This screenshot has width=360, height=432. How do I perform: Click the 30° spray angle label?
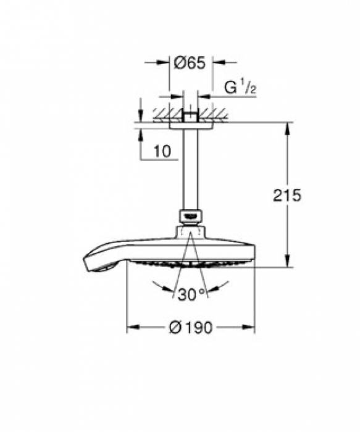pyautogui.click(x=191, y=294)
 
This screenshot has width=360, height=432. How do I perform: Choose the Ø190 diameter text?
pyautogui.click(x=191, y=328)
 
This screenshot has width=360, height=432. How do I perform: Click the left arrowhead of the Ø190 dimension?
pyautogui.click(x=130, y=328)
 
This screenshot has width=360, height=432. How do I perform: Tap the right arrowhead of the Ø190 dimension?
pyautogui.click(x=250, y=328)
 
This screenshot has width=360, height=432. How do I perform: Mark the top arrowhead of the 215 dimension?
pyautogui.click(x=287, y=127)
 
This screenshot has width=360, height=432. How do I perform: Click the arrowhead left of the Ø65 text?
pyautogui.click(x=165, y=62)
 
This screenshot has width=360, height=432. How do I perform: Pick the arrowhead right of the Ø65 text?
pyautogui.click(x=216, y=62)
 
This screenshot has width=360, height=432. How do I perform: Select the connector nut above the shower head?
pyautogui.click(x=191, y=217)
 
